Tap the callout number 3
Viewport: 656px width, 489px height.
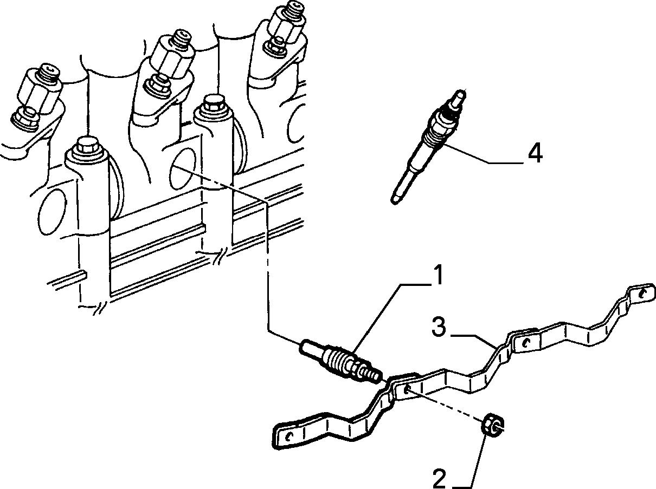(x=439, y=327)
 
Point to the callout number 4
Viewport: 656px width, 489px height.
(x=535, y=153)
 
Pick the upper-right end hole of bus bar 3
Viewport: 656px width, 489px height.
(x=642, y=295)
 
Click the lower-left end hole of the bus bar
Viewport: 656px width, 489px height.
(x=288, y=436)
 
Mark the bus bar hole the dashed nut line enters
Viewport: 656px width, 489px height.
(x=407, y=389)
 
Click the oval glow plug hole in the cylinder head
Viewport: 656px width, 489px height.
(x=183, y=168)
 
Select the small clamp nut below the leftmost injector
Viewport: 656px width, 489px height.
(x=25, y=119)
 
